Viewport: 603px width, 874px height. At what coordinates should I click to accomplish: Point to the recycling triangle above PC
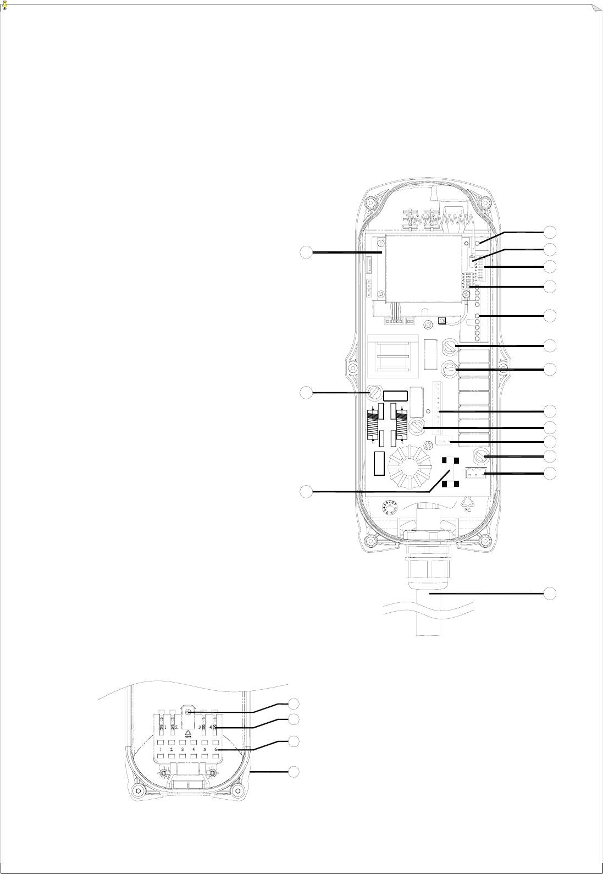click(x=467, y=499)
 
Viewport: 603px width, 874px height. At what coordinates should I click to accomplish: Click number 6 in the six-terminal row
click(x=216, y=749)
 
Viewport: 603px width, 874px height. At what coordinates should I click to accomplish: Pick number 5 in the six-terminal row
click(x=205, y=749)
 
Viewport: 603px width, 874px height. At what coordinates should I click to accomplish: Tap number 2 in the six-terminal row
click(x=172, y=749)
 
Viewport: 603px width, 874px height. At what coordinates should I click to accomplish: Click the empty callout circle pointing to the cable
click(x=550, y=593)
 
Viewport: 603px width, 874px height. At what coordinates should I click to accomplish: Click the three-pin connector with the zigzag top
click(x=476, y=473)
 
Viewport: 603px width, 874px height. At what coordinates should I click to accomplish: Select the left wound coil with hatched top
click(x=374, y=423)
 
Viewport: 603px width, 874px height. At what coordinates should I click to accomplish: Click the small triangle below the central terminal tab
click(x=189, y=732)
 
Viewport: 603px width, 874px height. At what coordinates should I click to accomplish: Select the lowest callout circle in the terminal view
click(x=294, y=771)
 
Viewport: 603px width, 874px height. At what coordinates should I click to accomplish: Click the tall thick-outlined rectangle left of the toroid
click(x=379, y=463)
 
